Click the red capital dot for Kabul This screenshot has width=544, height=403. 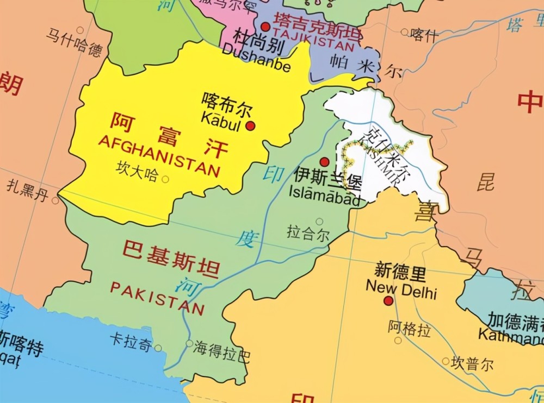250,126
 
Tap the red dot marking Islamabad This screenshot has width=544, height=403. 324,162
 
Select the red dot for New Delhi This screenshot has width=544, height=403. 388,300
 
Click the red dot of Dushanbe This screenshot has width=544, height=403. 265,27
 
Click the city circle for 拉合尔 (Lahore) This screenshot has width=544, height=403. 319,221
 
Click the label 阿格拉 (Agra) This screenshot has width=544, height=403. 409,328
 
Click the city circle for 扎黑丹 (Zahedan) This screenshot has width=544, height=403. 55,200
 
